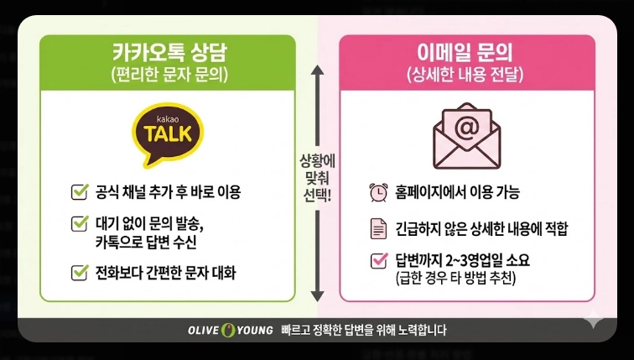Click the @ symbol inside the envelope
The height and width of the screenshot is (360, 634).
tap(467, 126)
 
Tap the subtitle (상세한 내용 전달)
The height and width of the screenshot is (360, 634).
tap(467, 76)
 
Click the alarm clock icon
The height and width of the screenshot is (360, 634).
tap(378, 192)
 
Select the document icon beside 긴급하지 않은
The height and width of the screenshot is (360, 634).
tap(378, 227)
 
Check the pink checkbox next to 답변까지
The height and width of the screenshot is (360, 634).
tap(378, 260)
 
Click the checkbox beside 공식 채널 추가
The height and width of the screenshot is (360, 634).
tap(80, 192)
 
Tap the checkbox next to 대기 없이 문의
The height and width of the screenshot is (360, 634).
tap(80, 223)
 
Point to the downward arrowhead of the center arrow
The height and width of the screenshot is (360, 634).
tap(317, 295)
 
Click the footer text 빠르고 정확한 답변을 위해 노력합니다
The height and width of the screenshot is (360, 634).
tap(365, 331)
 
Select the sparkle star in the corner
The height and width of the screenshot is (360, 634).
tap(593, 320)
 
